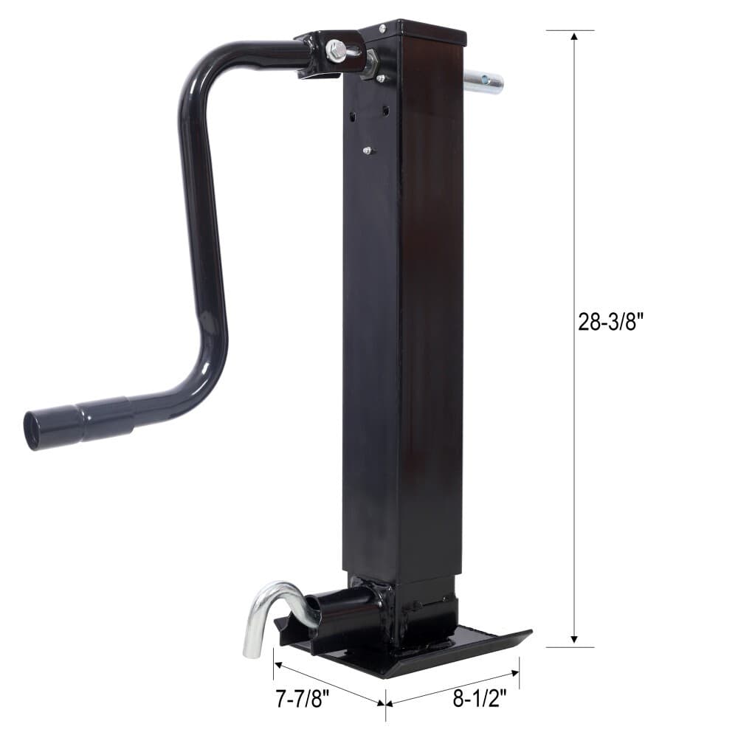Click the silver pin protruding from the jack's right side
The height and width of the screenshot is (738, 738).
483,79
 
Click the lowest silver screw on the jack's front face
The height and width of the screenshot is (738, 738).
367,151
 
